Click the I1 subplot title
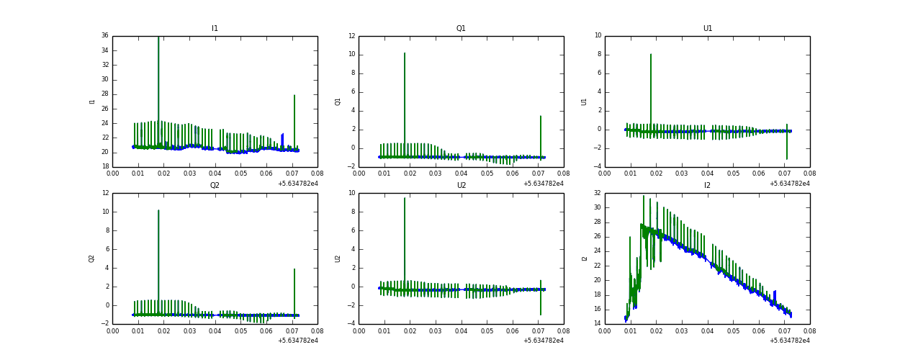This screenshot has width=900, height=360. pos(215,29)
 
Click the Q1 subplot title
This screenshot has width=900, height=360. pos(461,29)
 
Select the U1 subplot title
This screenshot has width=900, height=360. pos(707,29)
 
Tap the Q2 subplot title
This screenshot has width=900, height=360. pos(215,186)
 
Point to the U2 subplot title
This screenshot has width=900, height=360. pos(461,186)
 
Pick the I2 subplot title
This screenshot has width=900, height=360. pos(707,186)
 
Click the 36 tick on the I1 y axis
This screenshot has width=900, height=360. pos(104,36)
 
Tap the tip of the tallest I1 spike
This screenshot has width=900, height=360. pos(158,37)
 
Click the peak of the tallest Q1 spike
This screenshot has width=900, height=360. pos(405,53)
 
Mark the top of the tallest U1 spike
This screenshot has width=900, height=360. pos(651,54)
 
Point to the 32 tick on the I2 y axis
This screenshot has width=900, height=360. pos(596,193)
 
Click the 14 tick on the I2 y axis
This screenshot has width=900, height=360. pos(596,324)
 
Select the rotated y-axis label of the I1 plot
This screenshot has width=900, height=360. pos(92,102)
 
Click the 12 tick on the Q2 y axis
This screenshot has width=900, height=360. pos(104,193)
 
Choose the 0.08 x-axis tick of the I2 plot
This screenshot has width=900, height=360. pos(809,332)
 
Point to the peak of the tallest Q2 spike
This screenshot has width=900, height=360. pos(158,210)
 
